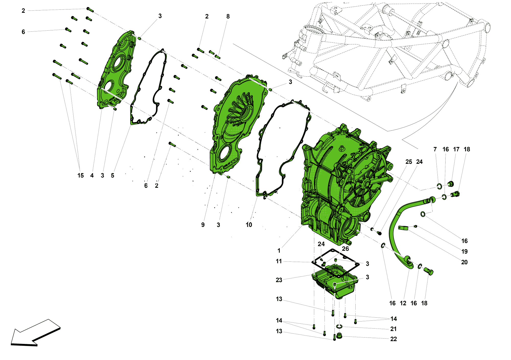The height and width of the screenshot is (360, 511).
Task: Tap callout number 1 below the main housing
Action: coord(279,251)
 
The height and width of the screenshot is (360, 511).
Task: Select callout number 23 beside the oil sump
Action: coord(279,280)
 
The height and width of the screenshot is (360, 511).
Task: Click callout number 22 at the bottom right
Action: coord(393,339)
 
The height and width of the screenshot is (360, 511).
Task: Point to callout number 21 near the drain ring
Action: coord(393,329)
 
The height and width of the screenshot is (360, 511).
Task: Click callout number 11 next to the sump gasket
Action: coord(279,261)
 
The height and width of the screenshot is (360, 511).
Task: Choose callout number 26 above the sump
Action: coord(345,249)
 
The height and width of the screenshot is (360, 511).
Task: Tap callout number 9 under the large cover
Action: coord(203,225)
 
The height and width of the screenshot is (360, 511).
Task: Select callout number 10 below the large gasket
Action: coord(249,225)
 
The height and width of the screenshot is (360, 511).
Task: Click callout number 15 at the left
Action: coord(80,176)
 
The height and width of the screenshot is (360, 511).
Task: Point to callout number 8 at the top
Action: coord(228,17)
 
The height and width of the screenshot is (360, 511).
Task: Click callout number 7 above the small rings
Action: coord(435,149)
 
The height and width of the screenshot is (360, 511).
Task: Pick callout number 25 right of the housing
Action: coord(409,162)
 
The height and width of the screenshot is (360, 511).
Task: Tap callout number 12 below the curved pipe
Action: coord(403,303)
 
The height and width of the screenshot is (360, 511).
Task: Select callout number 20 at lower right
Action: coord(464,262)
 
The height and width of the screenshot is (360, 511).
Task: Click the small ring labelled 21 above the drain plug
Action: coord(339,327)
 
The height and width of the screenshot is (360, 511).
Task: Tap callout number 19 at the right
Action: coord(464,251)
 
